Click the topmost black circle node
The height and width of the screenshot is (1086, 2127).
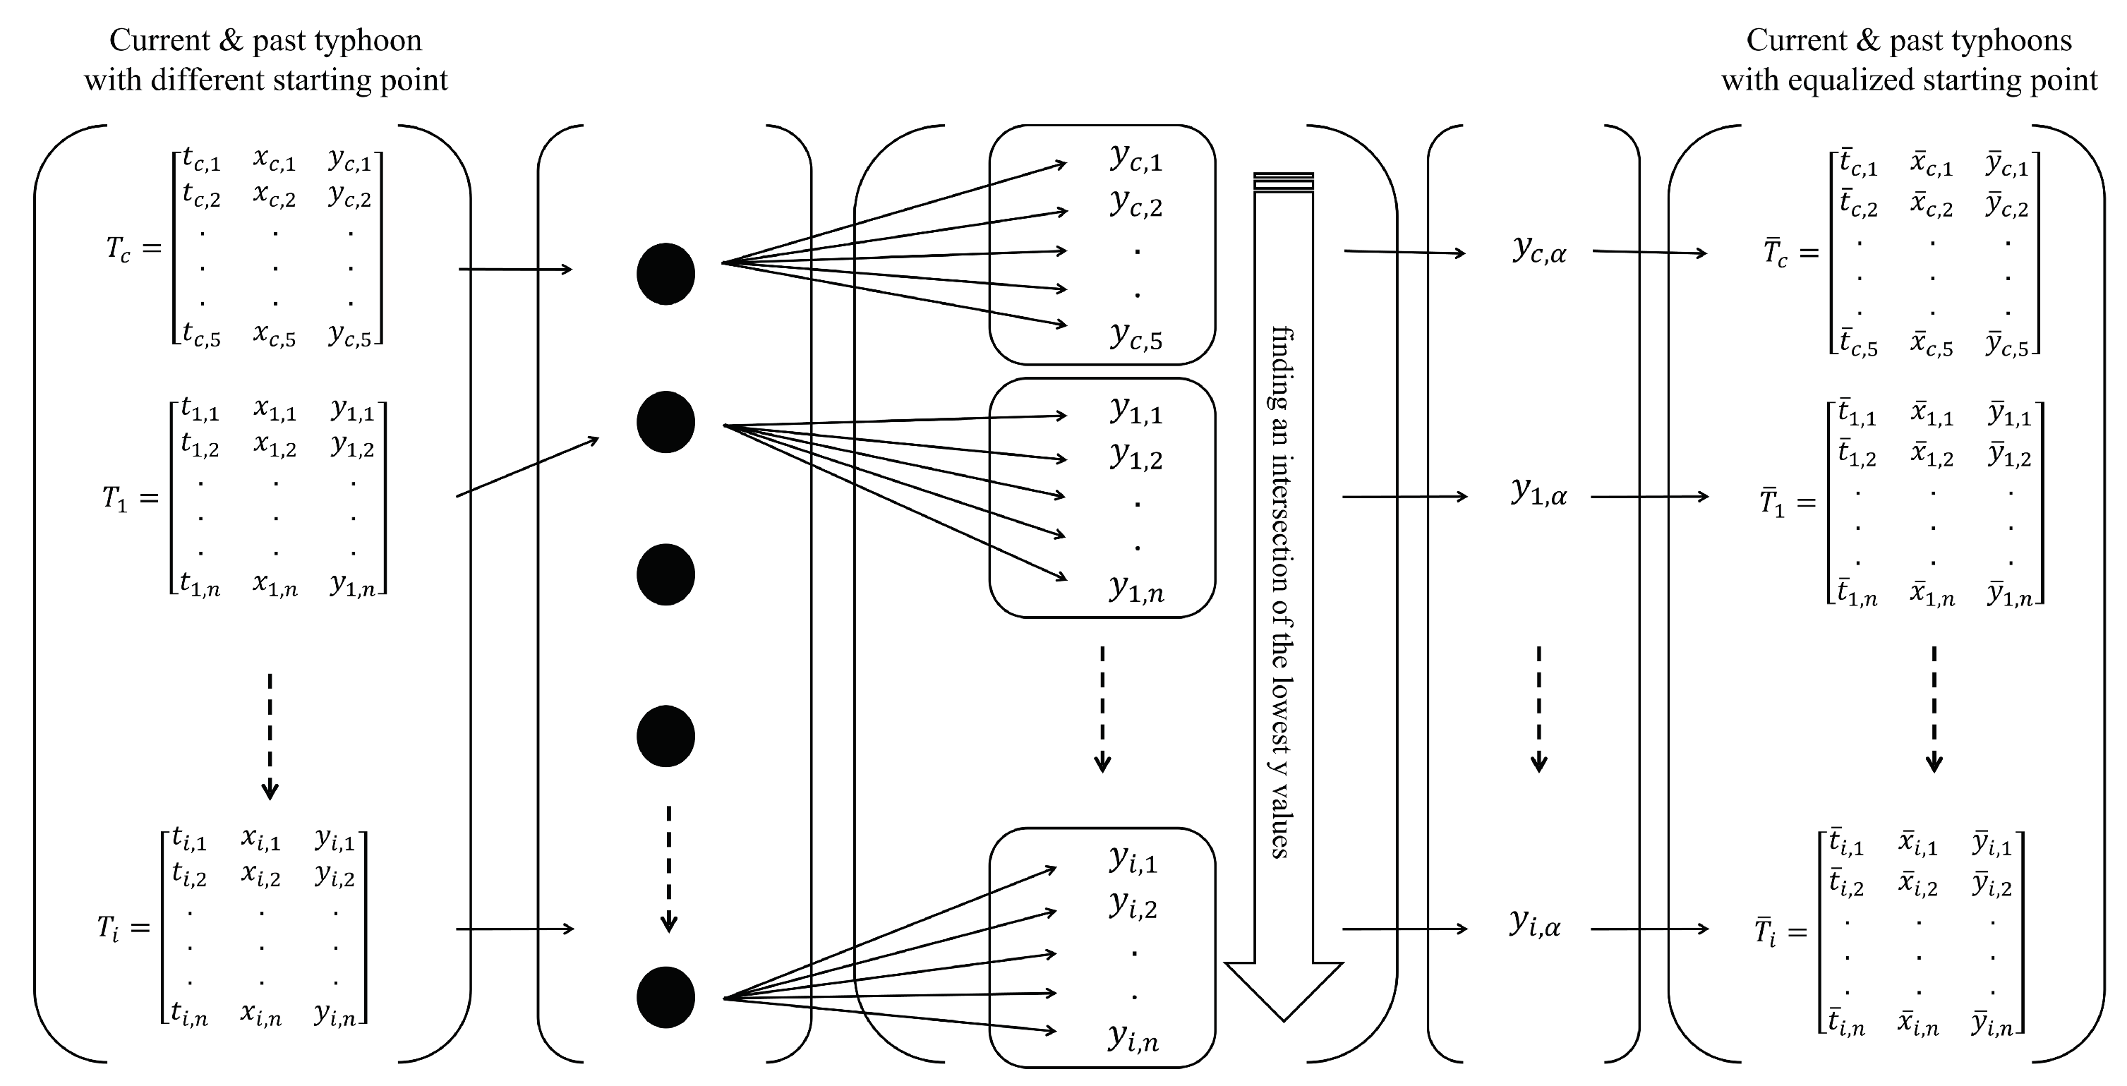point(665,274)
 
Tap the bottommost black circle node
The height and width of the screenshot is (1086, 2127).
point(665,997)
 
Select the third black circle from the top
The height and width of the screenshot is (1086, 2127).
point(665,575)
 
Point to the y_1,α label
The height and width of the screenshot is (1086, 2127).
point(1539,494)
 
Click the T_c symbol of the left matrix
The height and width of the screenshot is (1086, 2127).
point(118,248)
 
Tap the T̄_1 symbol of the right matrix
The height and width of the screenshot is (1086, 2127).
point(1771,503)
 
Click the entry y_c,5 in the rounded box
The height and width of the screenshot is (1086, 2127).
point(1136,337)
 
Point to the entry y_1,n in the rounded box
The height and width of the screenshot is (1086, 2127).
point(1136,590)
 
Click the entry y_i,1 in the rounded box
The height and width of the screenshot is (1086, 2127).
point(1133,860)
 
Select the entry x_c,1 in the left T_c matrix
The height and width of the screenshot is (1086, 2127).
point(274,159)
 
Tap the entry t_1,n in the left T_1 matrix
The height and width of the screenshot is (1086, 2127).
point(200,586)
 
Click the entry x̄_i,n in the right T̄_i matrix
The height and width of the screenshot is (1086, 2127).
point(1919,1026)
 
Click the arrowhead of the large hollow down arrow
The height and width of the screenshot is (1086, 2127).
point(1283,991)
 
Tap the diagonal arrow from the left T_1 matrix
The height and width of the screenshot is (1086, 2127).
point(529,466)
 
